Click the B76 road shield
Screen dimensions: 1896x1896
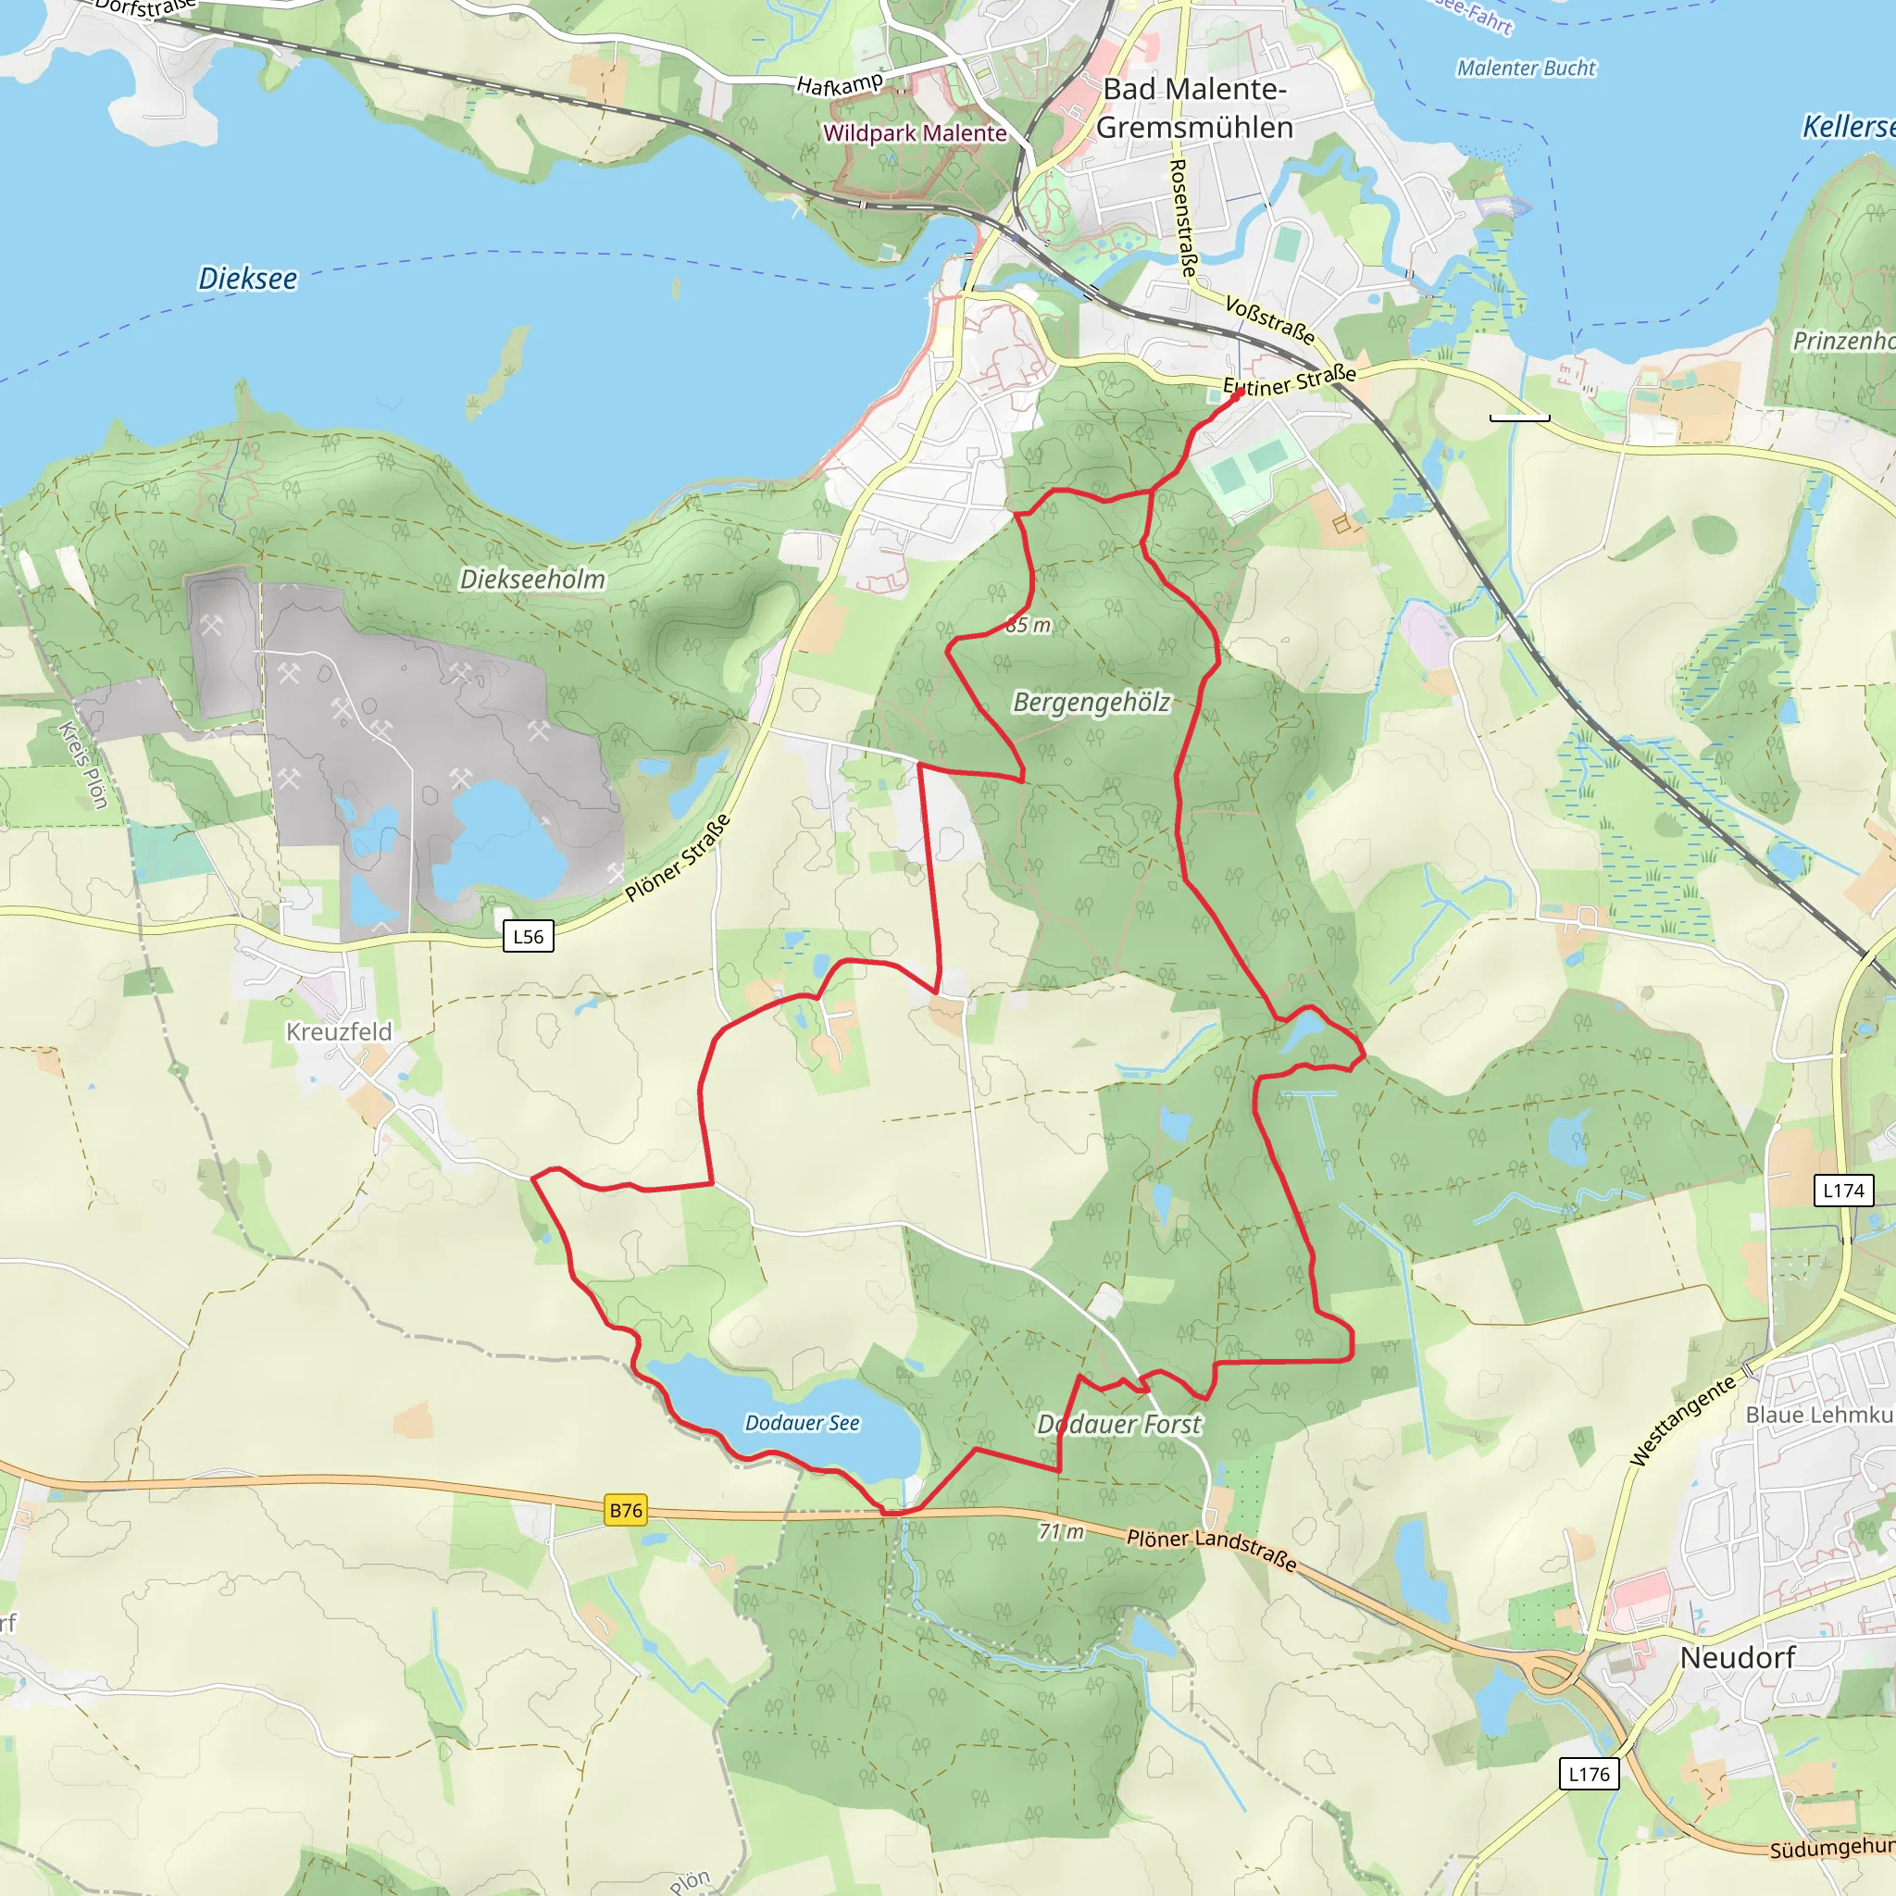(626, 1510)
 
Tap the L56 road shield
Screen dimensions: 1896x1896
(528, 936)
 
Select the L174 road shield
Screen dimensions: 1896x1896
(1843, 1191)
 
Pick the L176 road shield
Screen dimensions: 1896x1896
(1589, 1773)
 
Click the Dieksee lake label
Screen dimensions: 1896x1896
(247, 279)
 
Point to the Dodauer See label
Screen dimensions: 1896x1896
(802, 1423)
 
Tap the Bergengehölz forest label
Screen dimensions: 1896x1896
(1091, 703)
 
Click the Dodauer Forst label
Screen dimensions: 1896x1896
(1118, 1424)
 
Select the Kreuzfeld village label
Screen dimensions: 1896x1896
(339, 1031)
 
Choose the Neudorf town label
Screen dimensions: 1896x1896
(1737, 1657)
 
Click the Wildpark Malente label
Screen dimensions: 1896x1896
(915, 133)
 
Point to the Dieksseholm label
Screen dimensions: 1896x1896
(533, 579)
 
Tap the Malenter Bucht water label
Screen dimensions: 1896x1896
(1526, 69)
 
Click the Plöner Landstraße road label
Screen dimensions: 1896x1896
(1211, 1550)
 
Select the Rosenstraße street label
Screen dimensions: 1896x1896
(1183, 217)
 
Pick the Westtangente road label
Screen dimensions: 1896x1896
(1682, 1420)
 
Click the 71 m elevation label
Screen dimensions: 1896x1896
(1062, 1531)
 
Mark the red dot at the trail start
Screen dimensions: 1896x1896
(1238, 393)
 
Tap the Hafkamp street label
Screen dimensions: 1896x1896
(839, 84)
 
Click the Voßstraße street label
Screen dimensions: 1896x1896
(1270, 320)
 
